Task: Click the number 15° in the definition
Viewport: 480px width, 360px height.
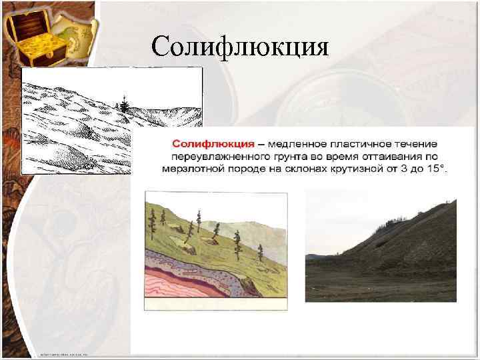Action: coord(437,169)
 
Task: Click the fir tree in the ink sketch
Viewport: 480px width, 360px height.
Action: coord(122,103)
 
